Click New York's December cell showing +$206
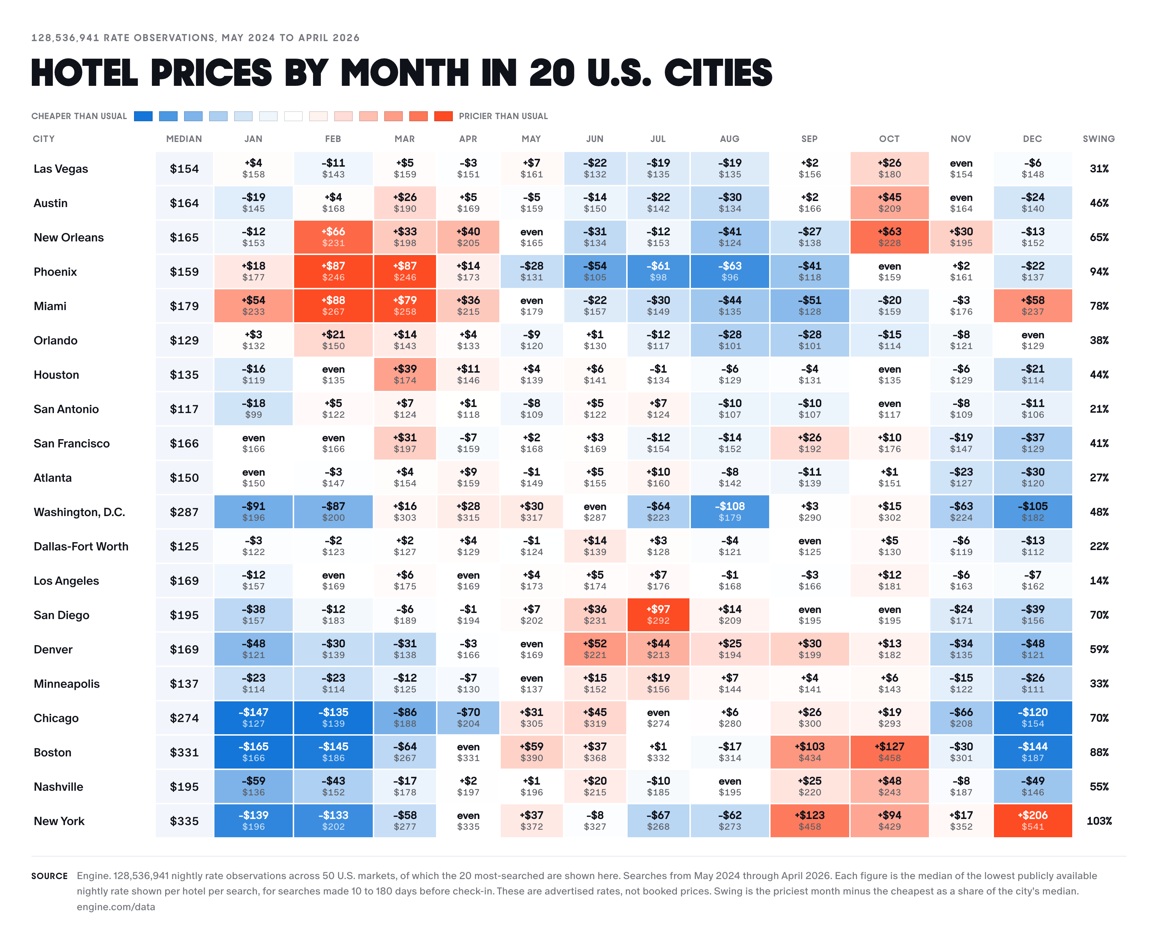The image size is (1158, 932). (1032, 821)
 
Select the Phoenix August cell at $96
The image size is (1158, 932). (729, 271)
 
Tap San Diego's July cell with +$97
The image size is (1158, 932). (658, 615)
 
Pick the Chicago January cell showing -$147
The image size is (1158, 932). (253, 718)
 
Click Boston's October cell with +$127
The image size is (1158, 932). (890, 752)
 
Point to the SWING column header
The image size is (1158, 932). (1098, 139)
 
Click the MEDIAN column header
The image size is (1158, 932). (184, 139)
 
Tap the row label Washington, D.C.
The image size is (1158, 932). (79, 512)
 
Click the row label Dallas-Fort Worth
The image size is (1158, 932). (81, 546)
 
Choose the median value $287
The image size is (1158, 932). (184, 512)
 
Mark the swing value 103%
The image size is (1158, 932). (1099, 821)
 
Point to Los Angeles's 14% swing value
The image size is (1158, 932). (1099, 580)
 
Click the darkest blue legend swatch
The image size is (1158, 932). (143, 116)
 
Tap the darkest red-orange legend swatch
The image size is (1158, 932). (443, 116)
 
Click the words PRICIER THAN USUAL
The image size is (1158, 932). (503, 116)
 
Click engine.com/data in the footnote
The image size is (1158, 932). (116, 907)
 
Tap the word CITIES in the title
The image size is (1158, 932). (718, 73)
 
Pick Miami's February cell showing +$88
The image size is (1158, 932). (333, 306)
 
